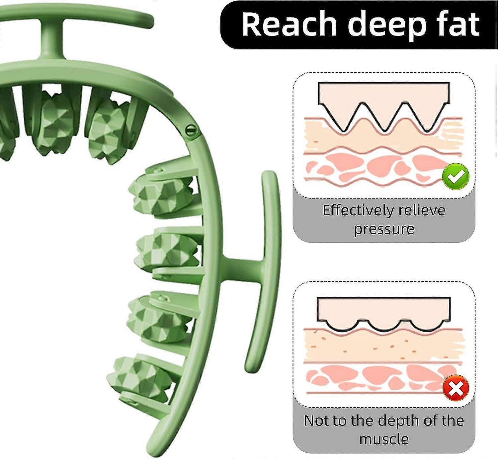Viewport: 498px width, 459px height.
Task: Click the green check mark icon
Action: pyautogui.click(x=456, y=176)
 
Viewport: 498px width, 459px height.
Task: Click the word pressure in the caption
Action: pyautogui.click(x=384, y=229)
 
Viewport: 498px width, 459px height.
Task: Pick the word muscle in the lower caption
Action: pyautogui.click(x=384, y=439)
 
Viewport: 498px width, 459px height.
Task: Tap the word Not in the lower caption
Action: pyautogui.click(x=316, y=421)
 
